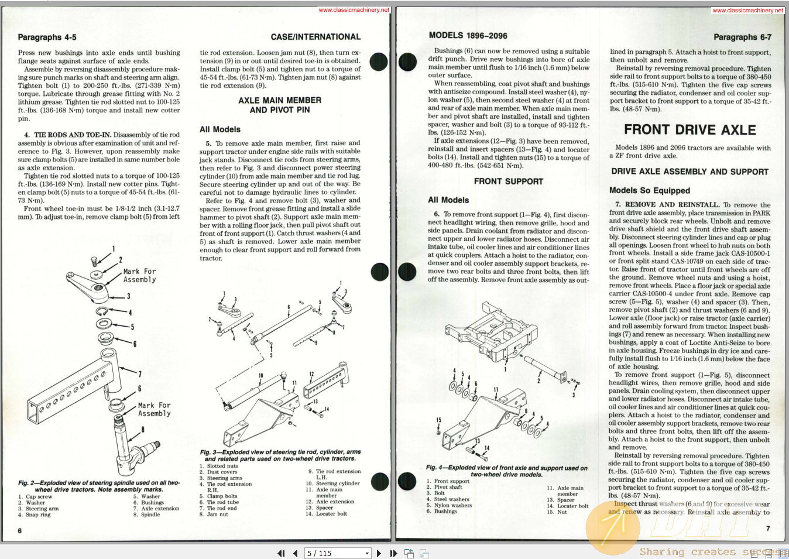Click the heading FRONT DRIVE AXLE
tap(689, 130)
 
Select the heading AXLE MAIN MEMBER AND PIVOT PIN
tap(280, 105)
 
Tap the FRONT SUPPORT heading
tap(508, 181)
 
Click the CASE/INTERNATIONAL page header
tap(315, 37)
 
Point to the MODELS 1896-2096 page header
tap(468, 36)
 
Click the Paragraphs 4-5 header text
tap(47, 37)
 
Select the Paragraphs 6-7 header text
tap(742, 37)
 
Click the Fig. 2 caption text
tap(98, 486)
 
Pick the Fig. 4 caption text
tap(506, 471)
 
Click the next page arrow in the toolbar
tap(379, 553)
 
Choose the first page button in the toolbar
tap(281, 553)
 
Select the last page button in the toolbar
tap(393, 553)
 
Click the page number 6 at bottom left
tap(20, 531)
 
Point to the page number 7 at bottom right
tap(768, 529)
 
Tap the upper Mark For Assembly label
tap(139, 276)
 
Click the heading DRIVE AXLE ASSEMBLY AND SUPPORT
tap(689, 172)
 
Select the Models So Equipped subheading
tap(649, 191)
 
